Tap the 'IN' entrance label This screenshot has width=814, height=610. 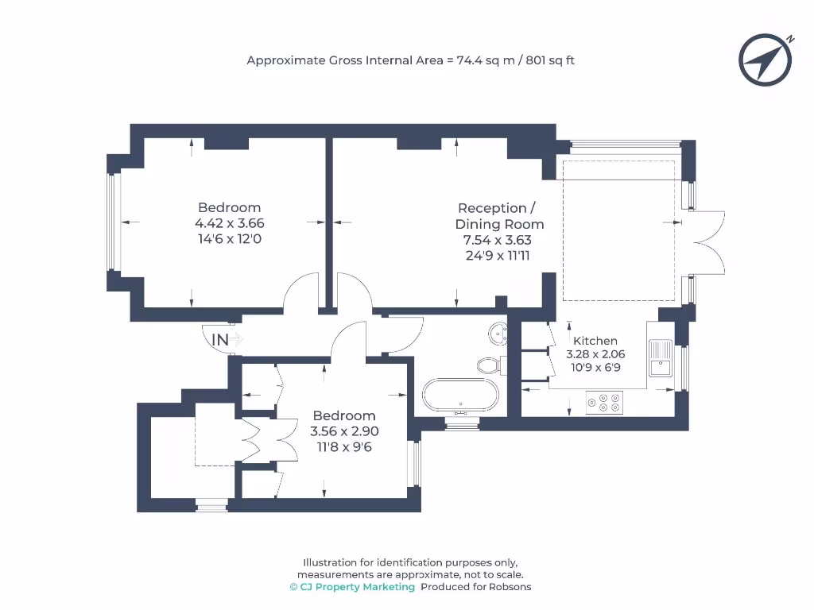tap(220, 339)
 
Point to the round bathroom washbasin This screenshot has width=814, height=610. tap(498, 333)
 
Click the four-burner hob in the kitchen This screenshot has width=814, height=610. tap(604, 403)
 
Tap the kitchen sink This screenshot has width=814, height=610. tap(660, 358)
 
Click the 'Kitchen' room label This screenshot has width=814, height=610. tap(595, 341)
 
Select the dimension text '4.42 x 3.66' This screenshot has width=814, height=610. tap(230, 223)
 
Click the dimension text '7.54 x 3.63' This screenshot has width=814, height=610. tap(498, 240)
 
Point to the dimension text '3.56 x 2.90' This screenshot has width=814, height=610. tap(344, 431)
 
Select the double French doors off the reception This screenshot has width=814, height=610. tap(707, 243)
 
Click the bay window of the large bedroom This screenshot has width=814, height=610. tap(112, 222)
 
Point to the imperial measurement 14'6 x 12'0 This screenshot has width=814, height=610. tap(230, 238)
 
